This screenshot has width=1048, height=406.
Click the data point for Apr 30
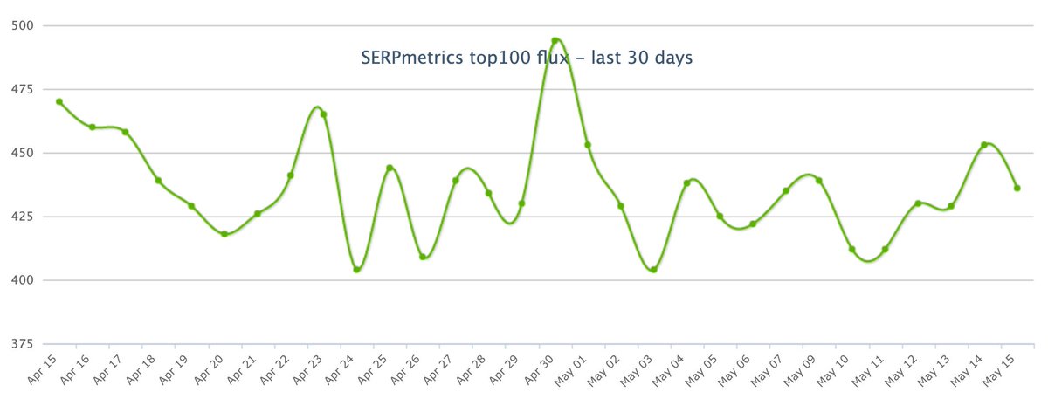(x=555, y=40)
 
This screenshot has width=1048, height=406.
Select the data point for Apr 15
(x=59, y=101)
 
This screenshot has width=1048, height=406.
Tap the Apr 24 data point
(x=356, y=269)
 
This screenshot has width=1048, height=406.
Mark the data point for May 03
(x=653, y=269)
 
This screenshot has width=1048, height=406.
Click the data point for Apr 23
(x=323, y=114)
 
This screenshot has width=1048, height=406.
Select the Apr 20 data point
(x=224, y=234)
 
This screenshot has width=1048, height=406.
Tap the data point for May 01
(x=588, y=145)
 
